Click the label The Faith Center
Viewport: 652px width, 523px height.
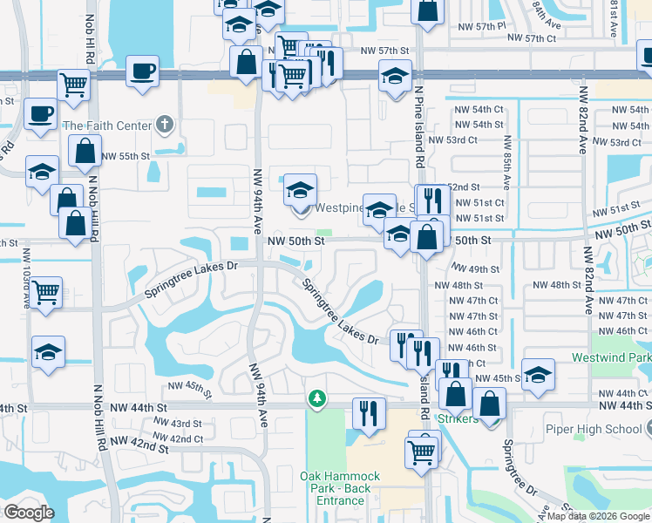point(106,126)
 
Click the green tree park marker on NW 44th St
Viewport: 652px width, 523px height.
point(317,398)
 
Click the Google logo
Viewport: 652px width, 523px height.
point(29,513)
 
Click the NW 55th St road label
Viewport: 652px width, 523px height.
point(126,156)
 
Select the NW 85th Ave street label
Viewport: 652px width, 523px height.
point(506,162)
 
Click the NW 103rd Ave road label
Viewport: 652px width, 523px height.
point(26,279)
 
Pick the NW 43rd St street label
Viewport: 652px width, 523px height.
point(178,424)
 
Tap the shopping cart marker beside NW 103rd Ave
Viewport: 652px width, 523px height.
point(45,291)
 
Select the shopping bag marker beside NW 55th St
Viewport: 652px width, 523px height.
point(85,150)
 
